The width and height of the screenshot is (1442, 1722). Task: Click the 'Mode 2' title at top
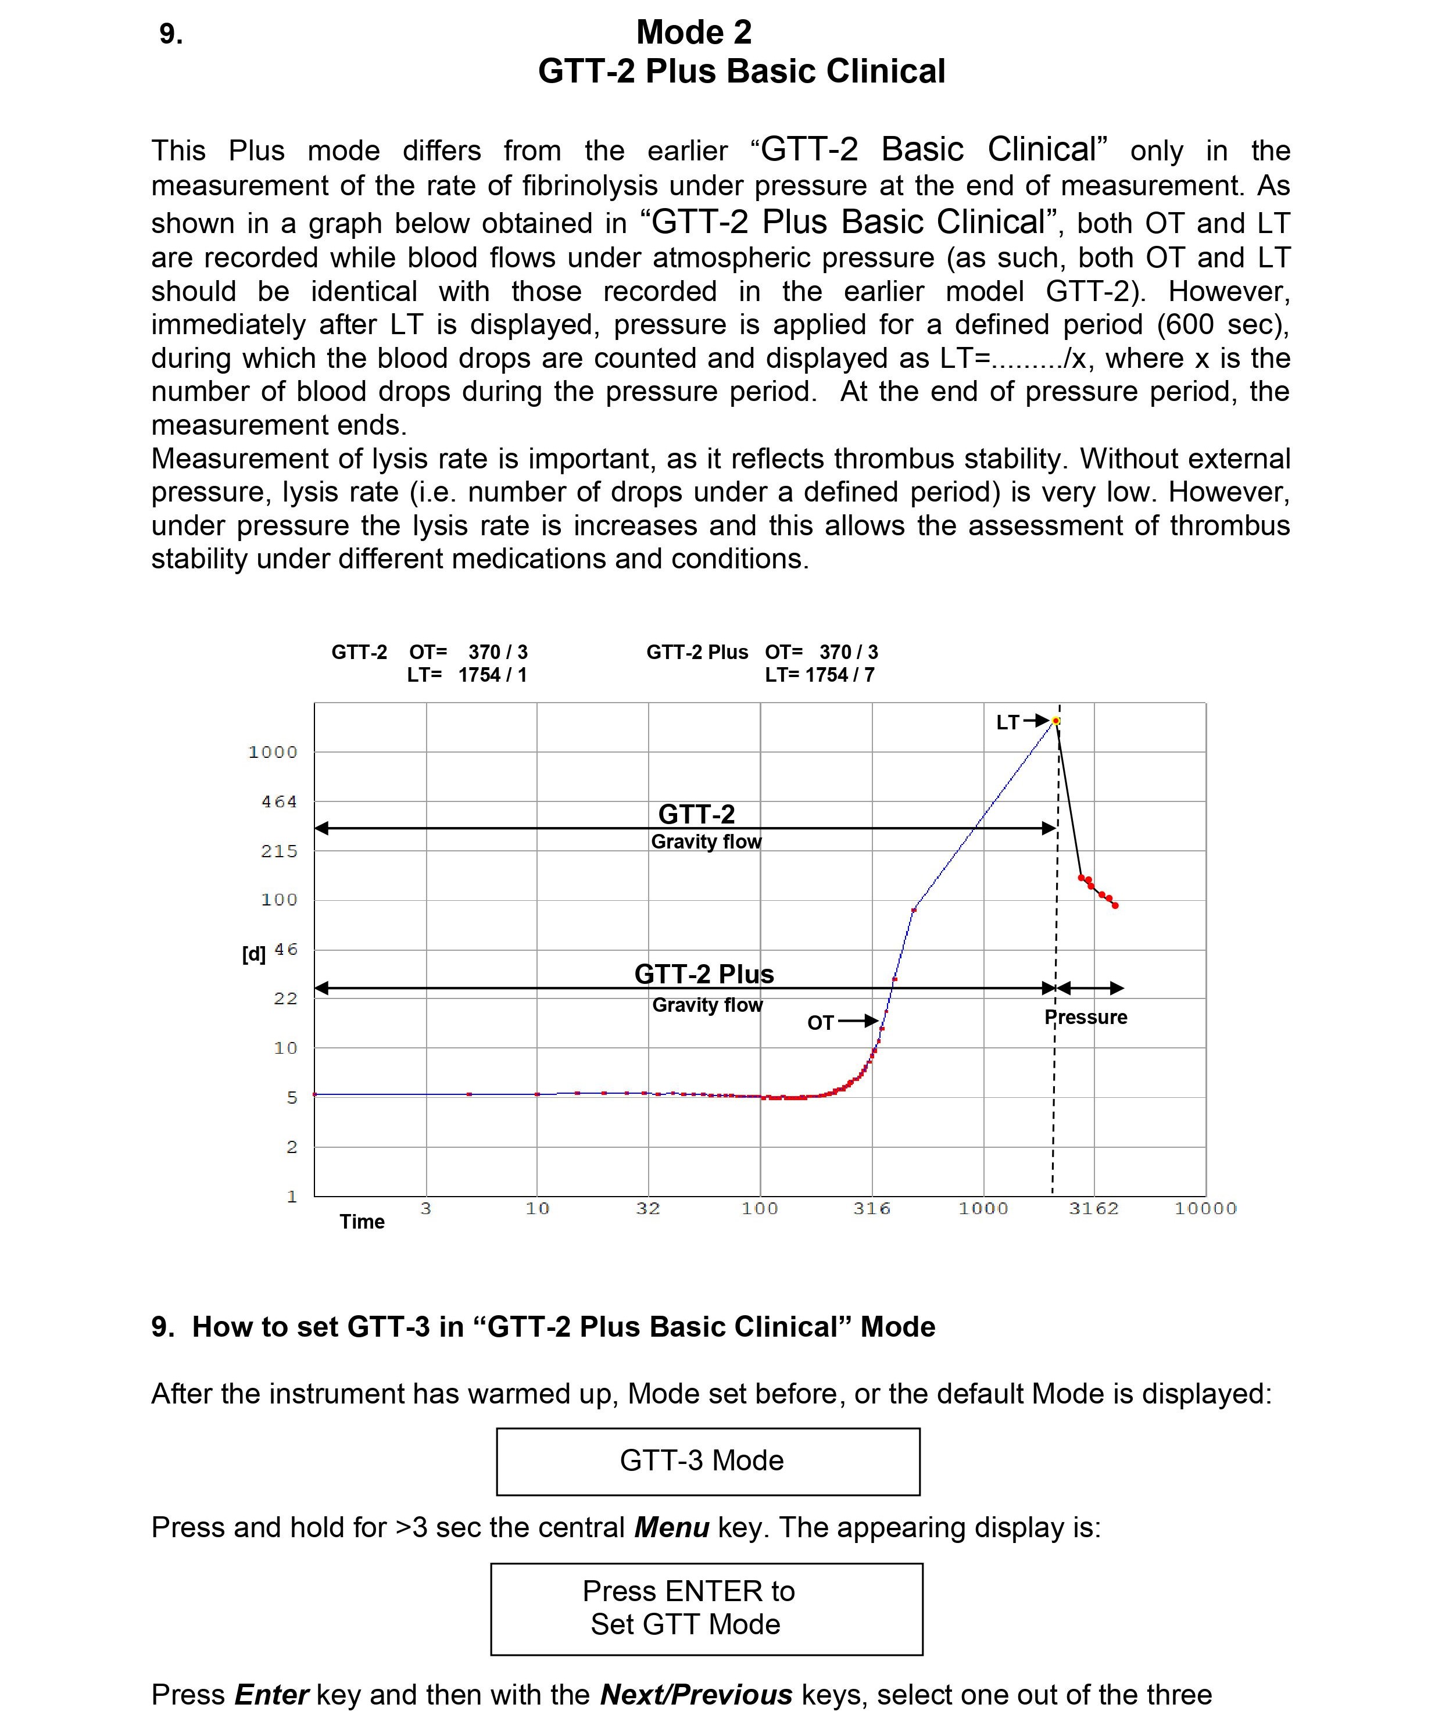[694, 33]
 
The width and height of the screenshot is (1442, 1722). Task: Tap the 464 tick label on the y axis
[279, 801]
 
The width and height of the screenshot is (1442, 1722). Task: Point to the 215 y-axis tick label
[279, 851]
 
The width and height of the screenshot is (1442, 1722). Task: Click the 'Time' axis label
[362, 1222]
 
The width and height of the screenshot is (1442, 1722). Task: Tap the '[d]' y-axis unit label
[253, 954]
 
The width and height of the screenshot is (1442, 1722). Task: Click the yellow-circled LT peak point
[1057, 721]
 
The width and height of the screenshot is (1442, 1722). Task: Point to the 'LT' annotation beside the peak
[1007, 722]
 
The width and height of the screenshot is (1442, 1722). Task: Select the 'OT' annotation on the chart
[820, 1022]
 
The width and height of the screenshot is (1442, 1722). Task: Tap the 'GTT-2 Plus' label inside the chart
[704, 974]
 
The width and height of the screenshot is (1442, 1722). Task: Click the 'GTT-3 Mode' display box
[708, 1460]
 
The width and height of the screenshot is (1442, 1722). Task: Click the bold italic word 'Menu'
[671, 1528]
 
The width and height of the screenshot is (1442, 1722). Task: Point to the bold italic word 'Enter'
[271, 1694]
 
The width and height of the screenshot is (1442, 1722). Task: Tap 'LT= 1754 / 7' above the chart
[820, 675]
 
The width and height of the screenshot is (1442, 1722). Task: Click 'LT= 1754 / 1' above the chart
[467, 675]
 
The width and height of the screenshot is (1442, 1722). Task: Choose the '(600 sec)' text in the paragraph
[1222, 325]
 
